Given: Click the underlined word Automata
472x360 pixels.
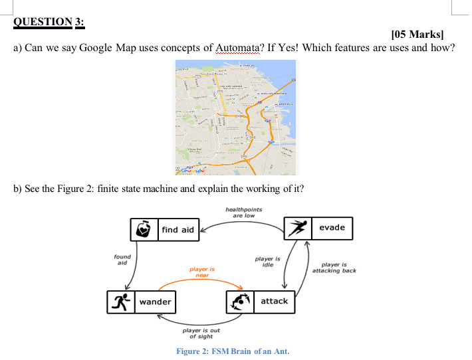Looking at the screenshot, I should [x=238, y=48].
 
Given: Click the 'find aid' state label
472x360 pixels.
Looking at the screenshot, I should [x=178, y=230].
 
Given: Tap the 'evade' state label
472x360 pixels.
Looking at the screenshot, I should [x=332, y=227].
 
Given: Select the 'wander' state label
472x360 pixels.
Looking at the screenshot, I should [x=156, y=302].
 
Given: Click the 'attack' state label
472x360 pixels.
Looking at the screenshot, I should [x=274, y=301].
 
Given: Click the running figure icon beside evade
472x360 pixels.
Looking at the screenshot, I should [x=297, y=228].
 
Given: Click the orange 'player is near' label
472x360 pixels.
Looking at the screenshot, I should [x=202, y=272].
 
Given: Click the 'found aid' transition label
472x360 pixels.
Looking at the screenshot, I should [x=122, y=259].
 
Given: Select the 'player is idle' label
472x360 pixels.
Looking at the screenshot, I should [x=268, y=261].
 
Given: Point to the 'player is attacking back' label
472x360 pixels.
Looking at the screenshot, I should [x=334, y=268].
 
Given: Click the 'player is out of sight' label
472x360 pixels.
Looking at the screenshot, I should [x=201, y=333].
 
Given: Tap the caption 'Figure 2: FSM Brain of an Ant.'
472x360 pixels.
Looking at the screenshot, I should [x=233, y=351].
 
